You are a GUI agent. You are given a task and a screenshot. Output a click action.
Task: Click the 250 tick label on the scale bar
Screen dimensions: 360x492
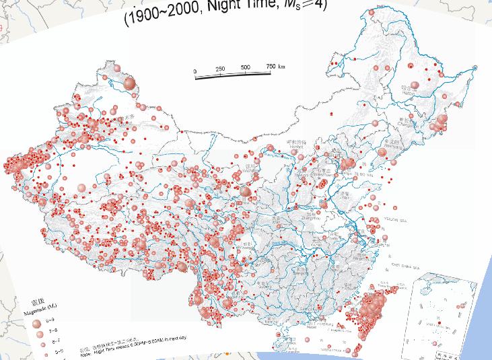coord(220,69)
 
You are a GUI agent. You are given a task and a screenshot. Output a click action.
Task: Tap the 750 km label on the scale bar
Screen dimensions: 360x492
coord(275,66)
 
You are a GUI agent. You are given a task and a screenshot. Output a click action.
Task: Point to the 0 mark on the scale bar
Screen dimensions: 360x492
coord(195,71)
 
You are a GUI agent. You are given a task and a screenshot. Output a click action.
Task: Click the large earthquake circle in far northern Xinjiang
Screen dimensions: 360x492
coord(130,83)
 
